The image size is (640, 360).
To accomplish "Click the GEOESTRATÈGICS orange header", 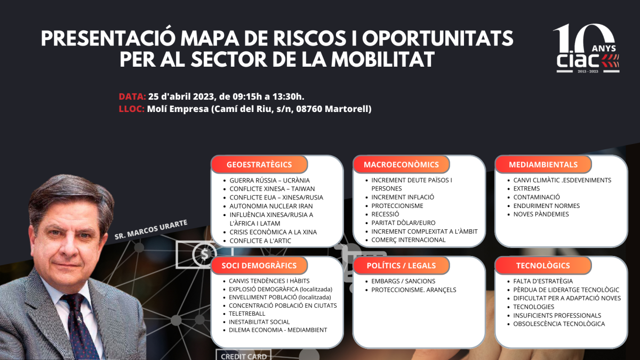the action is tap(259, 165).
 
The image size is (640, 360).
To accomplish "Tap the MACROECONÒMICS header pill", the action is tap(401, 165).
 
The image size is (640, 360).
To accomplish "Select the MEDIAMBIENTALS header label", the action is tap(543, 165).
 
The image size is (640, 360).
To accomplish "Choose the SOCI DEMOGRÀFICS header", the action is tap(259, 266).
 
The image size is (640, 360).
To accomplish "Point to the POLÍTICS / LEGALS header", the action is tap(401, 266).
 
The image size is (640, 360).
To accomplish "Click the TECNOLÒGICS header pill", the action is tap(543, 266).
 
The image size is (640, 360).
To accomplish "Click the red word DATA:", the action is tap(132, 97).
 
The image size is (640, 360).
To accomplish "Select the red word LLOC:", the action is tap(132, 109).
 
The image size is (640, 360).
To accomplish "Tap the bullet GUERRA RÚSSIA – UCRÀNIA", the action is tap(270, 180).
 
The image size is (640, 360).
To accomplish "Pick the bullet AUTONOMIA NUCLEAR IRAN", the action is tap(271, 206).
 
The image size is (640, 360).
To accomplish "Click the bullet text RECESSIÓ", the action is tap(385, 214).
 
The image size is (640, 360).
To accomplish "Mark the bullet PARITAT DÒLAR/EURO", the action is tap(403, 222).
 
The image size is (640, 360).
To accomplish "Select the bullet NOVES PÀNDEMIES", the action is tap(541, 214).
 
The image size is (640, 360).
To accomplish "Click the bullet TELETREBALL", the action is tap(247, 314).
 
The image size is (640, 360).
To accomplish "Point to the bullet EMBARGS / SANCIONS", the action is tap(403, 281).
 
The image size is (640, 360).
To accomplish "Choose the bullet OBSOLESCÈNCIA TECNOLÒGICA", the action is tap(559, 324).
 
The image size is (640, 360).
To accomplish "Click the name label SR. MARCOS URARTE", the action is tap(151, 229).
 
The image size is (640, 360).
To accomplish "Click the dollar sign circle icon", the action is tap(204, 253).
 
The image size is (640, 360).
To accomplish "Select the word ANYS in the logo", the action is tap(604, 49).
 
